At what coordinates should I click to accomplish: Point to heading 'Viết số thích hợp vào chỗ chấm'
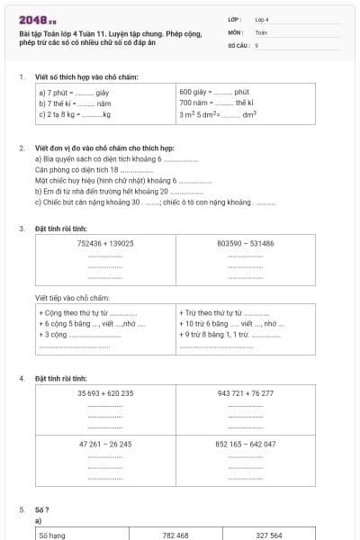click(x=86, y=77)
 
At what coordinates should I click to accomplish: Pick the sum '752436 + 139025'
click(x=105, y=243)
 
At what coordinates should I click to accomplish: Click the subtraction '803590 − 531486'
click(x=246, y=243)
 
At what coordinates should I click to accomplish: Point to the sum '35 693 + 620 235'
click(x=105, y=392)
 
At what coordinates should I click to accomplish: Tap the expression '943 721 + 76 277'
click(x=246, y=392)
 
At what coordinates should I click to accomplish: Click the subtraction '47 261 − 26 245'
click(x=105, y=444)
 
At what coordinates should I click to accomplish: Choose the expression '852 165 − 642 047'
click(x=246, y=444)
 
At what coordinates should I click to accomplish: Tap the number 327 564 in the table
click(x=268, y=535)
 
